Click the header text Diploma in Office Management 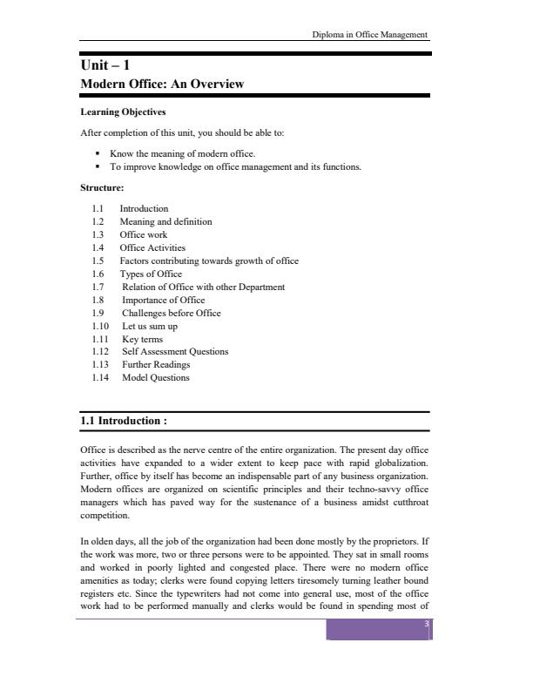click(x=370, y=35)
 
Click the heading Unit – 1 click(x=105, y=64)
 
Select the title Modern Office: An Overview click(x=162, y=85)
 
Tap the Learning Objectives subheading click(x=123, y=112)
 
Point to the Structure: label click(x=102, y=187)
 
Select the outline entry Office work click(x=144, y=234)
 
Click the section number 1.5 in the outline click(x=98, y=260)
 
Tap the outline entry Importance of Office click(x=163, y=300)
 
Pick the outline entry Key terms click(x=142, y=339)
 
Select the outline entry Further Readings click(x=156, y=365)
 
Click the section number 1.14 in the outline click(x=100, y=378)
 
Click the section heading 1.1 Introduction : click(x=124, y=421)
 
